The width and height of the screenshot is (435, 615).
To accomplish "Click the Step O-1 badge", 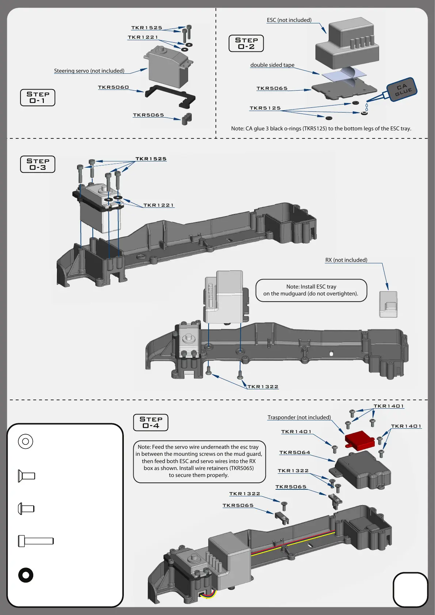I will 38,98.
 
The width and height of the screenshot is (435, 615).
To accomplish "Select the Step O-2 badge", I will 246,43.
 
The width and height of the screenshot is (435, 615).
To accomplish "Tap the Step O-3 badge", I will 38,164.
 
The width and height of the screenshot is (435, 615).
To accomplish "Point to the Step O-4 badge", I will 151,423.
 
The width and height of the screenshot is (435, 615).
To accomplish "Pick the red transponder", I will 359,439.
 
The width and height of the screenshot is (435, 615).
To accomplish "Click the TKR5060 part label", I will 113,87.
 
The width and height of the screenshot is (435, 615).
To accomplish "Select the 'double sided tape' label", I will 272,65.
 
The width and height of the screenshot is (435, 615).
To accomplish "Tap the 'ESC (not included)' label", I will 289,20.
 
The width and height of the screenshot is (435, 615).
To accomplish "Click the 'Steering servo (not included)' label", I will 89,71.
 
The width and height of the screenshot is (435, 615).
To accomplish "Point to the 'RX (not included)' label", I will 346,260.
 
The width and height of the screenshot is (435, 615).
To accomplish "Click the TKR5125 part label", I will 265,108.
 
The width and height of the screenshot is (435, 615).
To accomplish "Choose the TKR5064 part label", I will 295,452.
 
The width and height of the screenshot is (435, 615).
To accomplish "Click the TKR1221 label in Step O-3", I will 159,205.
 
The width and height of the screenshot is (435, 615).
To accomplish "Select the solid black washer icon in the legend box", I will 26,575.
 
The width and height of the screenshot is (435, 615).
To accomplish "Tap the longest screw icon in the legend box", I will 36,541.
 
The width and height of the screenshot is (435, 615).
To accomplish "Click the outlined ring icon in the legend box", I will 26,442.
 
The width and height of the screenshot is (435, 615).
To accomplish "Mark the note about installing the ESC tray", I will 311,290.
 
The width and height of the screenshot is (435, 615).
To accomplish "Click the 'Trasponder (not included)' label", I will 299,417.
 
